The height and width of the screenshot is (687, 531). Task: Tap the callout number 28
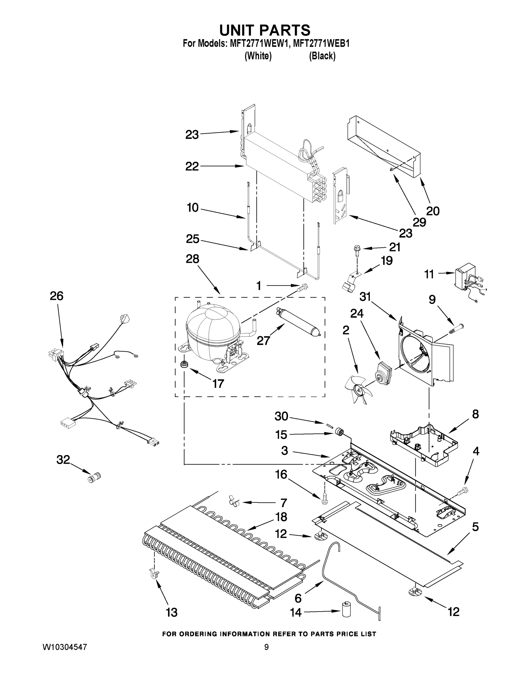[193, 259]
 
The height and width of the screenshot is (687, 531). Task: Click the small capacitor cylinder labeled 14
[346, 610]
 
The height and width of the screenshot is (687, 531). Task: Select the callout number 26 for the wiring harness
[57, 296]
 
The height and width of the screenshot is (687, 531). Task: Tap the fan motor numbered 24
[383, 373]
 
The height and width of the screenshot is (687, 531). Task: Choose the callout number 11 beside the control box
[429, 274]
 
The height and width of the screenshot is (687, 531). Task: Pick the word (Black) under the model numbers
[322, 56]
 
